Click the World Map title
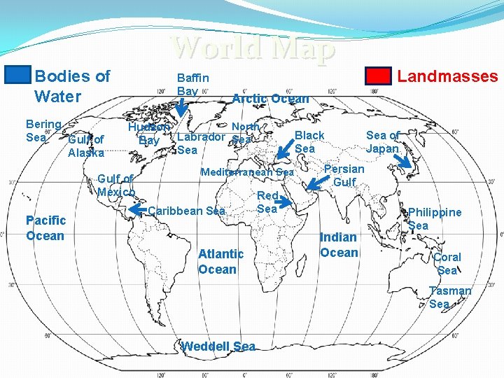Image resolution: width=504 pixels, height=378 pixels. pyautogui.click(x=253, y=48)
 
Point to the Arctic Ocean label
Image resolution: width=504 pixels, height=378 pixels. pyautogui.click(x=270, y=99)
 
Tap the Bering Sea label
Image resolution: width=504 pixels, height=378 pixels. pyautogui.click(x=43, y=130)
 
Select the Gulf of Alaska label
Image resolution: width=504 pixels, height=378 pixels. pyautogui.click(x=86, y=146)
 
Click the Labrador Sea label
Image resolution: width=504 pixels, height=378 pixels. pyautogui.click(x=200, y=142)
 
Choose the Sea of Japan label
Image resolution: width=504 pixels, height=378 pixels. pyautogui.click(x=383, y=142)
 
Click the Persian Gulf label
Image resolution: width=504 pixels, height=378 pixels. pyautogui.click(x=344, y=175)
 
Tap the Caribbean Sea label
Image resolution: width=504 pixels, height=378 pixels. pyautogui.click(x=188, y=211)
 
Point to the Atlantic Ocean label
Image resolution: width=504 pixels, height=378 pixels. pyautogui.click(x=220, y=261)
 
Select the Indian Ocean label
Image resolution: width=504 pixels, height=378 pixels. pyautogui.click(x=339, y=245)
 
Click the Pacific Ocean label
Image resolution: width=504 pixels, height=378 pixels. pyautogui.click(x=45, y=228)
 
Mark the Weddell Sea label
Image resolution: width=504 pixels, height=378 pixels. pyautogui.click(x=218, y=346)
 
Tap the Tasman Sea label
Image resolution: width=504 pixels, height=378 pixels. pyautogui.click(x=450, y=297)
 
